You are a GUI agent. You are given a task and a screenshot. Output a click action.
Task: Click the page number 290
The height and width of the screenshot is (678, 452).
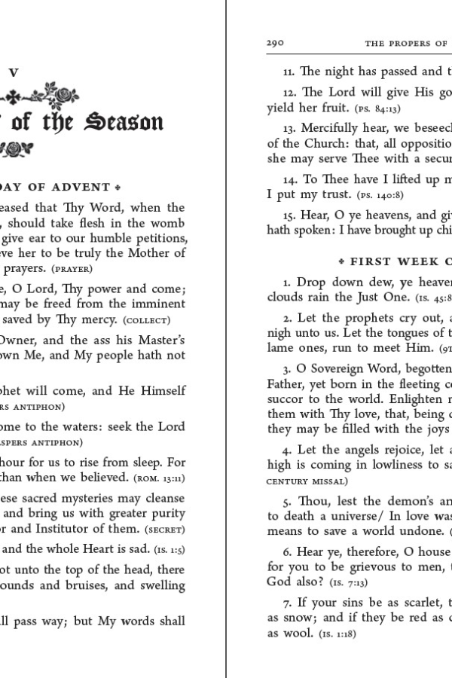click(274, 44)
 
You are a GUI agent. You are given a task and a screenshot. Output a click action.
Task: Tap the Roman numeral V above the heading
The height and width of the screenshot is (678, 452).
click(13, 73)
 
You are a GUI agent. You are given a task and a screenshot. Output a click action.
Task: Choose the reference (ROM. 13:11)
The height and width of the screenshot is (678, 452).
click(160, 478)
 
